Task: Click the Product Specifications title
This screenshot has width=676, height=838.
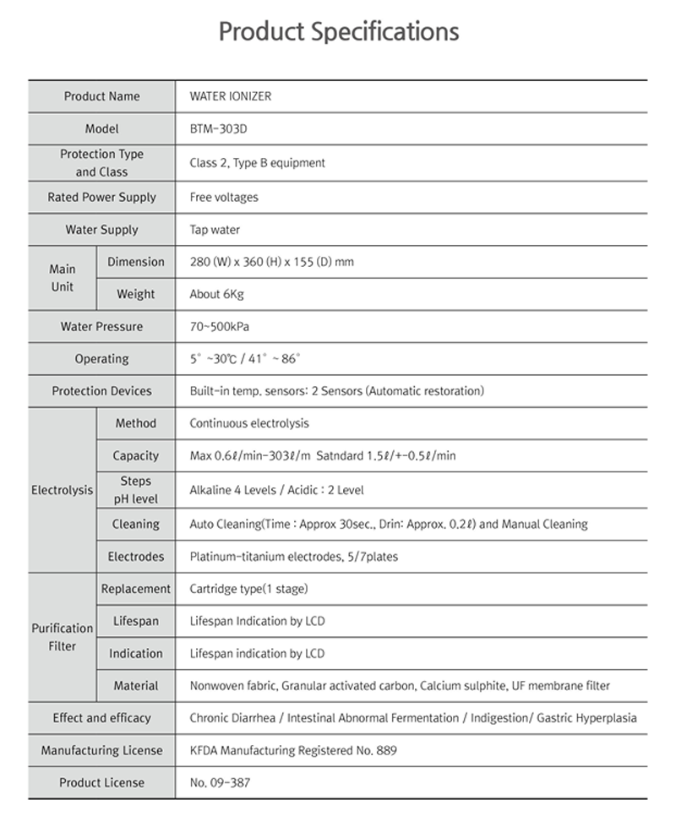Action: click(339, 32)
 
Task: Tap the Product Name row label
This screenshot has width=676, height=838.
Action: click(102, 96)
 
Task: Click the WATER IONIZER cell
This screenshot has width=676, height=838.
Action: click(231, 96)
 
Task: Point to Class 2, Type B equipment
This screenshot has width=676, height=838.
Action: click(258, 163)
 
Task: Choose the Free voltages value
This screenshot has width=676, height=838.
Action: click(224, 198)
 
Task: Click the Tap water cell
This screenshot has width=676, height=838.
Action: click(215, 230)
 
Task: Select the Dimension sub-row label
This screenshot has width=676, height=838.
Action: click(136, 262)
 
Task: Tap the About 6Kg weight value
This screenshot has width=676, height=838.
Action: click(217, 295)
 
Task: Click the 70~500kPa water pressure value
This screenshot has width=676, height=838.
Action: click(220, 327)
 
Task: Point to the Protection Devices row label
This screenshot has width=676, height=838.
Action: click(102, 391)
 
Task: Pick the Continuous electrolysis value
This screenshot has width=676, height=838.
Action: click(249, 423)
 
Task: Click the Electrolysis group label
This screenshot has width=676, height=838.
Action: click(62, 490)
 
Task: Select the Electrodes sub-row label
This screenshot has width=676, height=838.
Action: click(136, 557)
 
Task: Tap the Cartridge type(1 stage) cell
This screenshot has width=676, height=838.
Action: click(248, 589)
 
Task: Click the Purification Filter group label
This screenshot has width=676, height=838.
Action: click(63, 637)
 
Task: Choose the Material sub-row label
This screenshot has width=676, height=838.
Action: click(136, 686)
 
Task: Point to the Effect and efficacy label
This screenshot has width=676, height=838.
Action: click(102, 718)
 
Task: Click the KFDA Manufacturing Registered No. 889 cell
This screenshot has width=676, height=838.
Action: click(293, 750)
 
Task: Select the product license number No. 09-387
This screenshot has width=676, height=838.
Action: click(220, 783)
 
